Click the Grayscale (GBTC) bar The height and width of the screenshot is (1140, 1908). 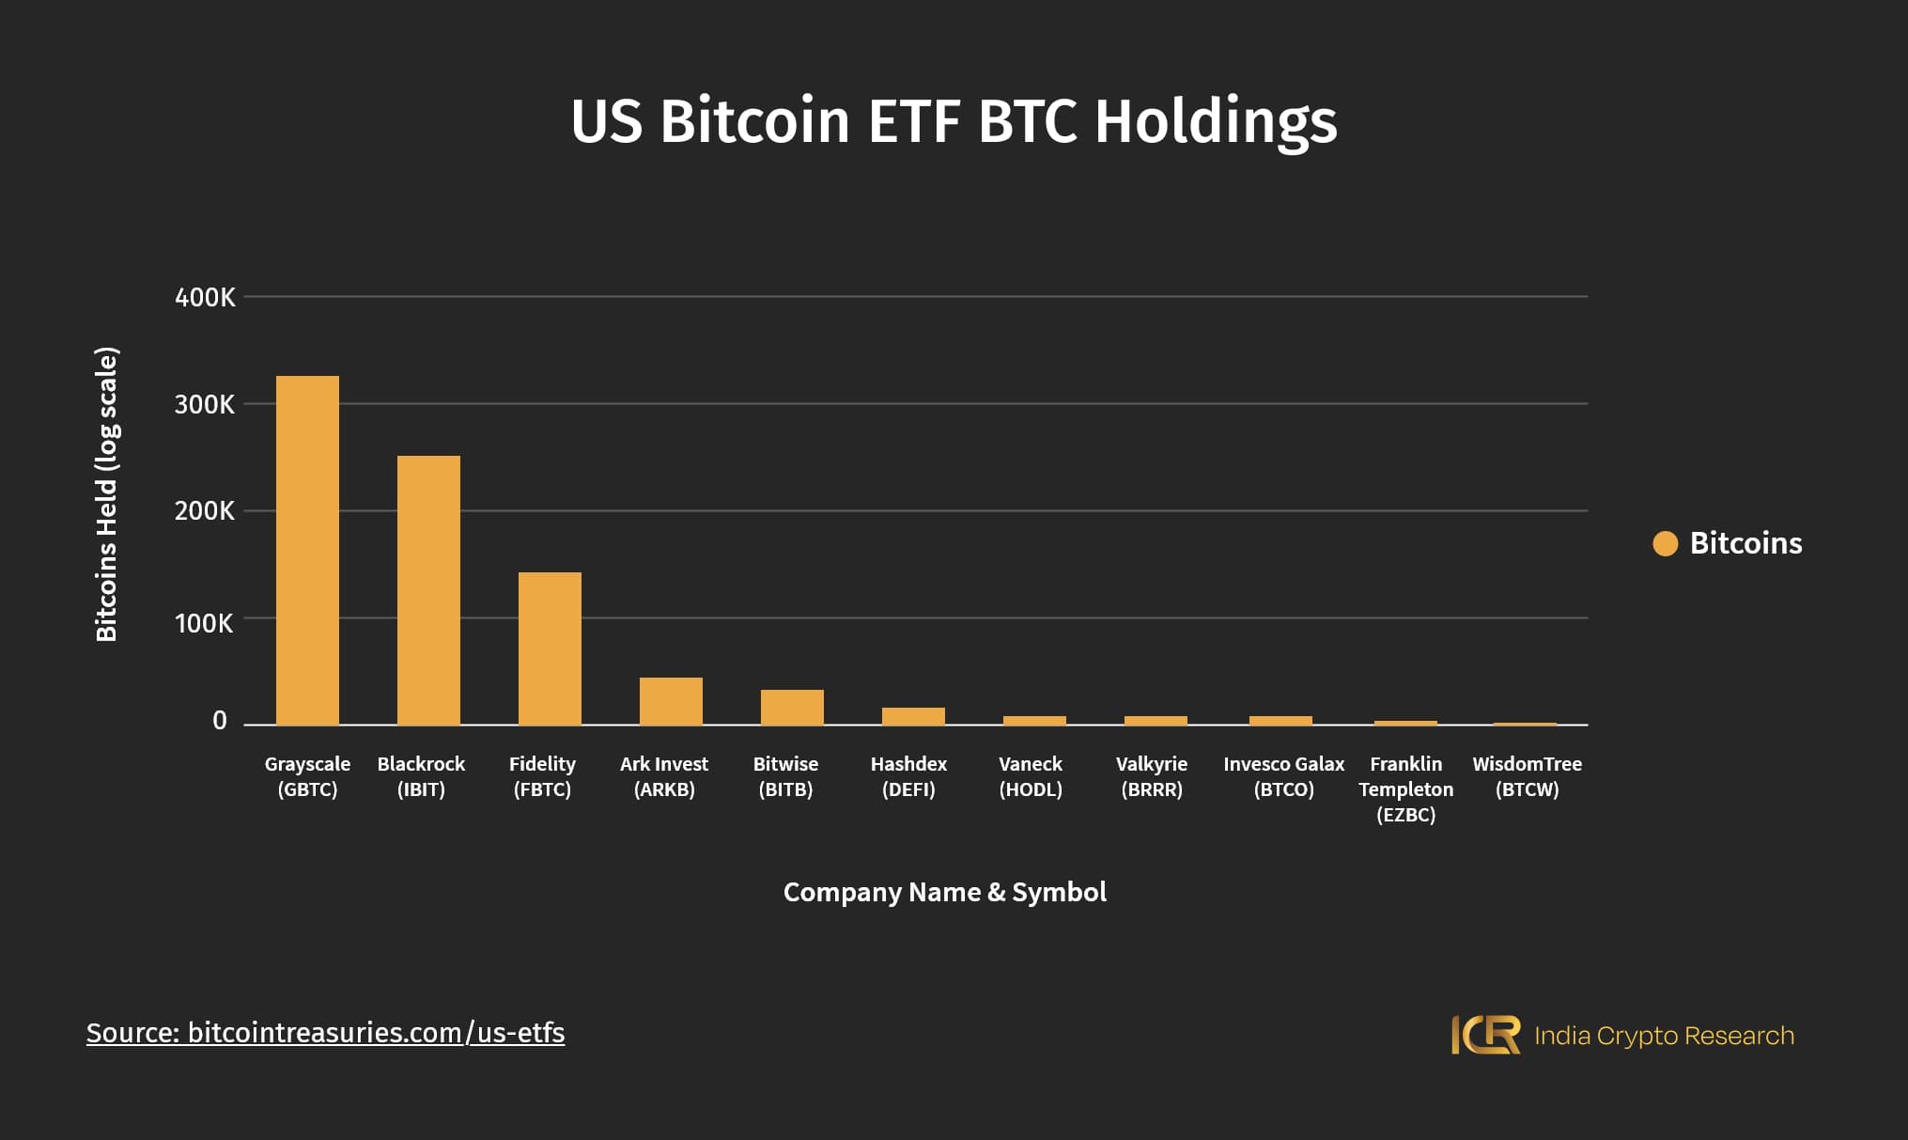click(x=307, y=550)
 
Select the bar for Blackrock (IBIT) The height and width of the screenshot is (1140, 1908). click(x=428, y=590)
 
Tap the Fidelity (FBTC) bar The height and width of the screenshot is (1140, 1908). click(x=550, y=648)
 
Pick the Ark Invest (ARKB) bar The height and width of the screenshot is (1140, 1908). click(x=671, y=701)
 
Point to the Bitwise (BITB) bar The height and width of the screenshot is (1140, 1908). click(x=792, y=708)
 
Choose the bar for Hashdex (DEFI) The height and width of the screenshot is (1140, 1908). click(x=913, y=716)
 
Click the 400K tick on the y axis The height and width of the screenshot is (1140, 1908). click(x=205, y=297)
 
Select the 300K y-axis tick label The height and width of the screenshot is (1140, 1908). click(x=205, y=404)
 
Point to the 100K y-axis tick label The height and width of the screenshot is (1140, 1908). click(x=204, y=623)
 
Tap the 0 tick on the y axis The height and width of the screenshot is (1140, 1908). click(x=220, y=721)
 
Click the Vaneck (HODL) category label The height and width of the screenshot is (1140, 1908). click(x=1031, y=776)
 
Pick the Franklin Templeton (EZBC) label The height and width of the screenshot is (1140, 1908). click(x=1405, y=789)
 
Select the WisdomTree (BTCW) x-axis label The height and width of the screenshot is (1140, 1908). click(x=1527, y=776)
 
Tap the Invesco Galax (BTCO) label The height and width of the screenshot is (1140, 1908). click(x=1283, y=776)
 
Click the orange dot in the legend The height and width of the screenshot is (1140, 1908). click(x=1665, y=543)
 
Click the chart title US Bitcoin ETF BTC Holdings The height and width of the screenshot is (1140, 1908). click(x=954, y=121)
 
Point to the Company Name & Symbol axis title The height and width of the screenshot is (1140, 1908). click(x=944, y=892)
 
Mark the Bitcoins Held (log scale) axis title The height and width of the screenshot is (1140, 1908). click(x=107, y=494)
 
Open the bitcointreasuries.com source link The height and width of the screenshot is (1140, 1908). click(x=325, y=1033)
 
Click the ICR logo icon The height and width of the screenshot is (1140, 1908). click(x=1485, y=1035)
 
